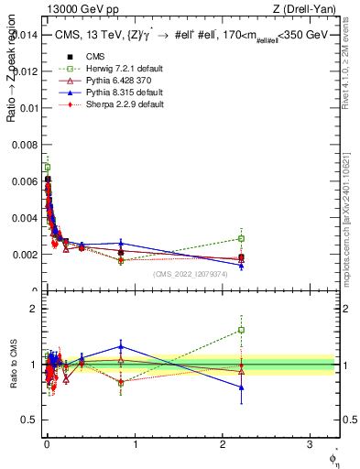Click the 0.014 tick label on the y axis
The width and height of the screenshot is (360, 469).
tap(25, 35)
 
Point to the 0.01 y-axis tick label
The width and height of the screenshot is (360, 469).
tap(28, 108)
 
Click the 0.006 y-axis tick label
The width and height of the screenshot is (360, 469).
tap(25, 181)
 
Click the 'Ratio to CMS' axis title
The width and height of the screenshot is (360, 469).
tap(12, 365)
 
